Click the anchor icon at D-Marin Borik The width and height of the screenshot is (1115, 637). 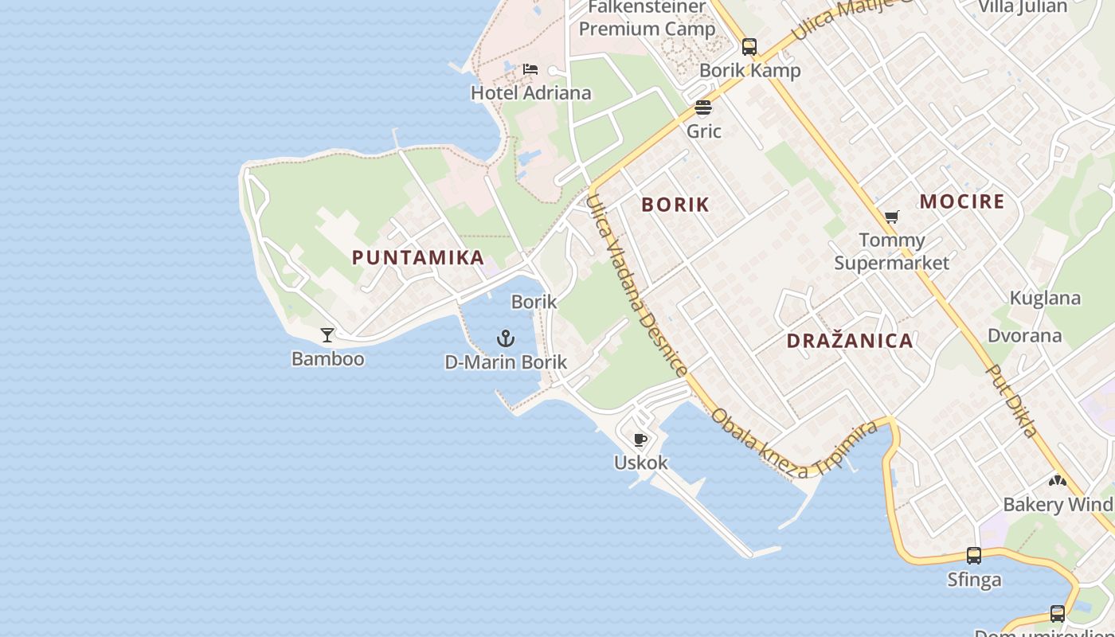coord(506,339)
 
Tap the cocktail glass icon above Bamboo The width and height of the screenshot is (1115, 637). coord(327,334)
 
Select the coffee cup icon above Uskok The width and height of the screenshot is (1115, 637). coord(640,440)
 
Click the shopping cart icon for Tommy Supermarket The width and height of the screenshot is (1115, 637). coord(892,217)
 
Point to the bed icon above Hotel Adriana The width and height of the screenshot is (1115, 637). coord(530,69)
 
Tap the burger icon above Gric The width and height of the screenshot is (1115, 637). coord(703,107)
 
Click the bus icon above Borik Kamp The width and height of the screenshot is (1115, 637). coord(749,46)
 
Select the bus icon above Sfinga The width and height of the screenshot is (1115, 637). coord(974,556)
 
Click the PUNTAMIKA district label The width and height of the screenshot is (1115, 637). coord(418,257)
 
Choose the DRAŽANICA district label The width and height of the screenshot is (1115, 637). coord(850,341)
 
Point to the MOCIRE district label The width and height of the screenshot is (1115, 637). coord(962,201)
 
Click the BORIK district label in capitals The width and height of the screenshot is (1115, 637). coord(675,205)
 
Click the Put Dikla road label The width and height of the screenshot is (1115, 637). coord(1011,401)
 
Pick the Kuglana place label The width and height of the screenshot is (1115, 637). coord(1045,299)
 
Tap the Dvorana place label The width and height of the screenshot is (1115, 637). coord(1024,335)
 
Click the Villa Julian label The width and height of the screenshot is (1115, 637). coord(1023,7)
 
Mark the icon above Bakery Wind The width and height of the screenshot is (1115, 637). coord(1057,481)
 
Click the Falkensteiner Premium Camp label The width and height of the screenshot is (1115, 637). coord(647,18)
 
